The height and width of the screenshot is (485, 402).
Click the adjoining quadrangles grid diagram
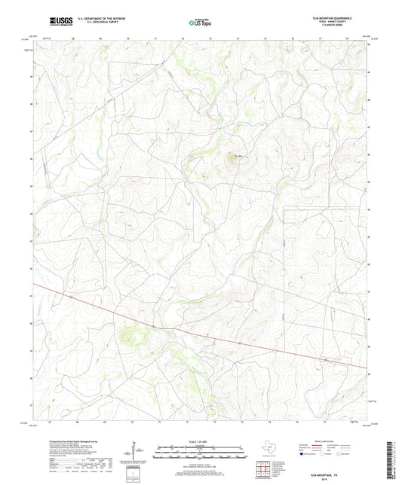263,471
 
